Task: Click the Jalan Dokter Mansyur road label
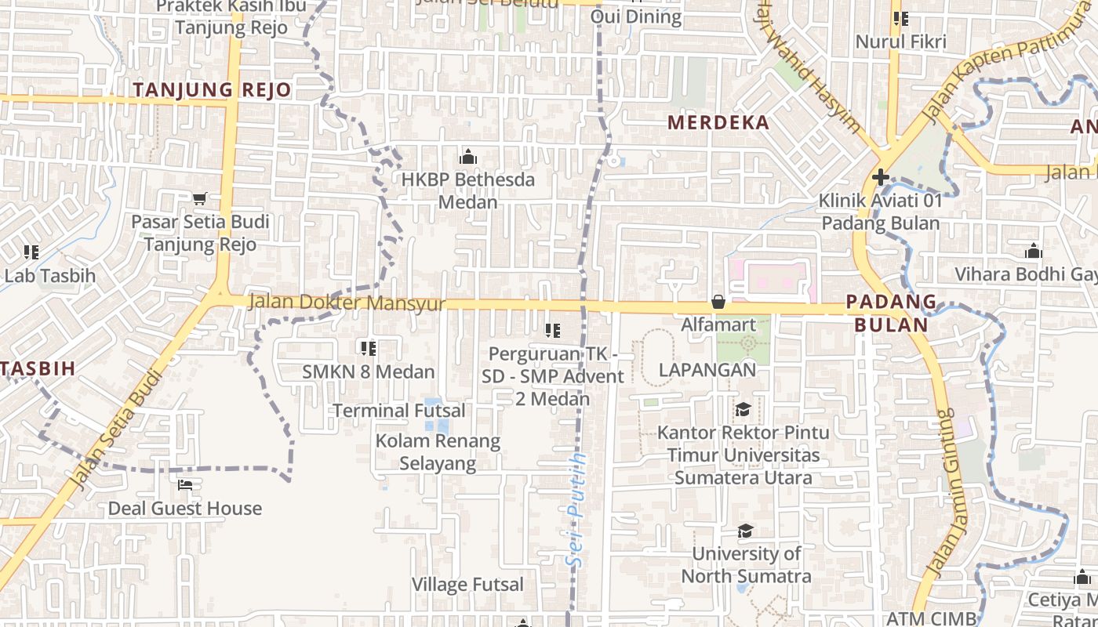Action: click(x=347, y=303)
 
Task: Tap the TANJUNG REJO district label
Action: click(x=212, y=90)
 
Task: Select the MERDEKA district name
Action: click(x=718, y=122)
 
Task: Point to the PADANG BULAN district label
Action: click(x=891, y=313)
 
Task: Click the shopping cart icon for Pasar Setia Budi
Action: click(x=200, y=199)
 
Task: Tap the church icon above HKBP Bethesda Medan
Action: click(x=468, y=157)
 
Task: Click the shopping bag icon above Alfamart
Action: click(x=718, y=302)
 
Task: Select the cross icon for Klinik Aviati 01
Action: click(x=881, y=177)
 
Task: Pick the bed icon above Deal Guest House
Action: click(x=185, y=486)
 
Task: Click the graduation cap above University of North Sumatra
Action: click(x=745, y=531)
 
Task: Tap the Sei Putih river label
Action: click(x=578, y=509)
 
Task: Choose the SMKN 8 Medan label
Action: click(x=369, y=371)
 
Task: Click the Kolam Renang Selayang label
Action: click(x=438, y=452)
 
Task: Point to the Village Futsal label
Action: click(x=468, y=584)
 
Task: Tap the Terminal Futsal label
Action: click(x=399, y=411)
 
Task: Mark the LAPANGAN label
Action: click(x=707, y=370)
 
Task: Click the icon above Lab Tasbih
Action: click(x=31, y=252)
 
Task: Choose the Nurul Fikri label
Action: click(x=901, y=42)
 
